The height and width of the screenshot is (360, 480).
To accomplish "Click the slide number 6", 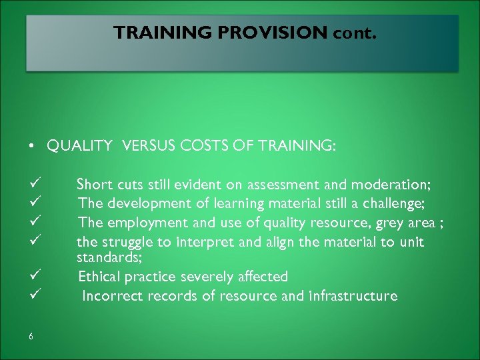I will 31,336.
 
